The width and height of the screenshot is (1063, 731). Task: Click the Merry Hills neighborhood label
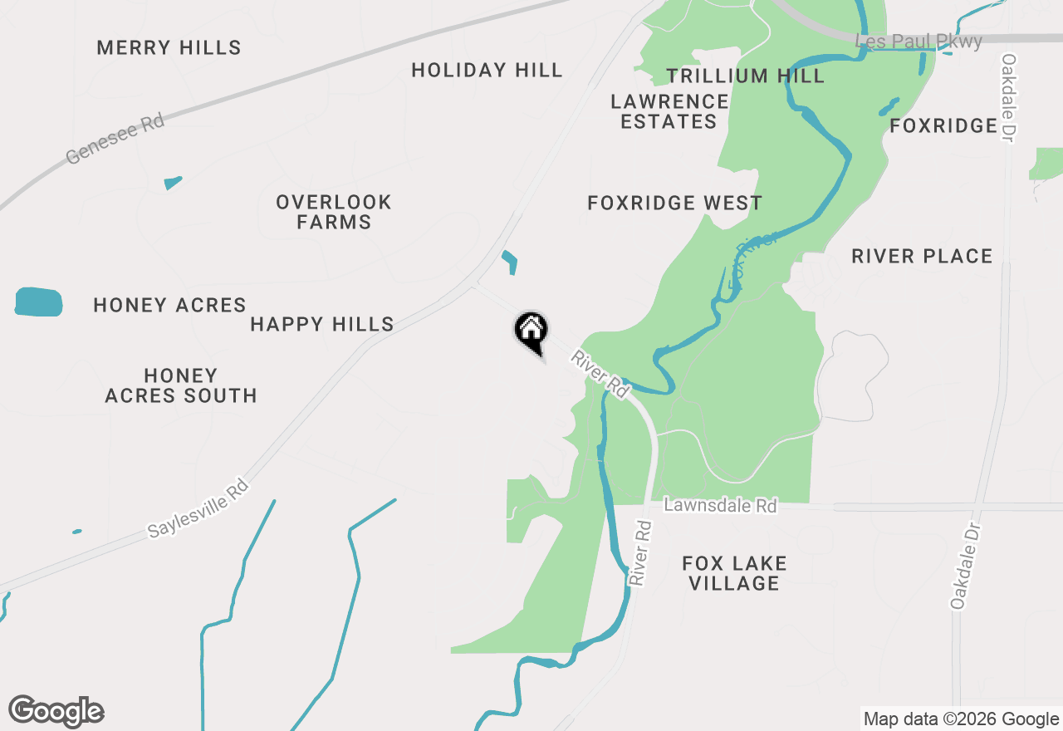(169, 47)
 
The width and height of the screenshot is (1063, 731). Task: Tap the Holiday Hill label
(487, 70)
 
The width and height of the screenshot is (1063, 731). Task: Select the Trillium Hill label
(745, 76)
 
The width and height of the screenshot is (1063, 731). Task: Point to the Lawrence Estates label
(669, 111)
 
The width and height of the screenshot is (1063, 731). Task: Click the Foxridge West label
(674, 203)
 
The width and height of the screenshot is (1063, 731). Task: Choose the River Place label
(922, 256)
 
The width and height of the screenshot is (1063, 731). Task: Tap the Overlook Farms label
(334, 212)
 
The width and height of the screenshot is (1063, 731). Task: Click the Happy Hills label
(322, 324)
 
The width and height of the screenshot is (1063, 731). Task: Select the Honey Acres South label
(180, 386)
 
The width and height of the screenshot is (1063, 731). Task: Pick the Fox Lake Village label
(734, 573)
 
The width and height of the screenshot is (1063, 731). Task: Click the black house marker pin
(531, 331)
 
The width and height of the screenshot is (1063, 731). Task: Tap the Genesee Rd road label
(115, 139)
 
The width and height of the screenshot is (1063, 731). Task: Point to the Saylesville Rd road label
(198, 508)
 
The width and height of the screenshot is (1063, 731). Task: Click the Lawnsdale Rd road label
(721, 505)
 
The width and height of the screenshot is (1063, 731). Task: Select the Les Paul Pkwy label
(918, 41)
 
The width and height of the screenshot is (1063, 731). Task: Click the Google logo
(56, 711)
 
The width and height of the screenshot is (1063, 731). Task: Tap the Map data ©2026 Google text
(961, 719)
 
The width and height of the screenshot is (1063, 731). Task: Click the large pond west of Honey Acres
(38, 302)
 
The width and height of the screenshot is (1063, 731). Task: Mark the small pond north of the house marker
(509, 262)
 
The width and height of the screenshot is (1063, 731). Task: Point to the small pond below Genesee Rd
(173, 182)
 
